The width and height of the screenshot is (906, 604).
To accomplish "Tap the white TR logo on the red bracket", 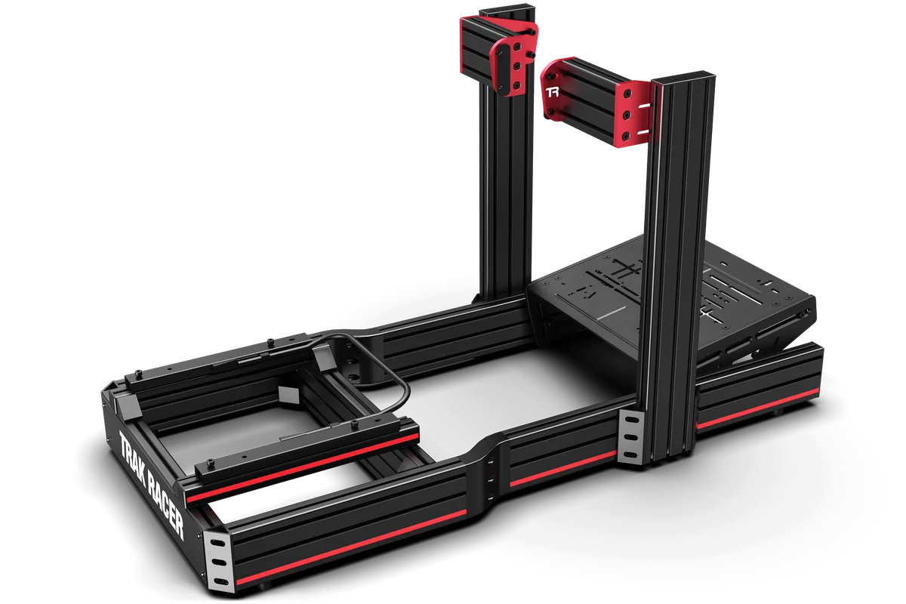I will (x=553, y=94).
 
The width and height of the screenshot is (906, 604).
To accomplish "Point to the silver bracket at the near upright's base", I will (x=629, y=438).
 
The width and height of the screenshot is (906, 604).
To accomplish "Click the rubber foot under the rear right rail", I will (x=778, y=412).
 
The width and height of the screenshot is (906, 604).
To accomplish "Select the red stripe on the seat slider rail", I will (x=302, y=468).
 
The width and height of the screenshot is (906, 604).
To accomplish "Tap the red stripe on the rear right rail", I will (x=755, y=408).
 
